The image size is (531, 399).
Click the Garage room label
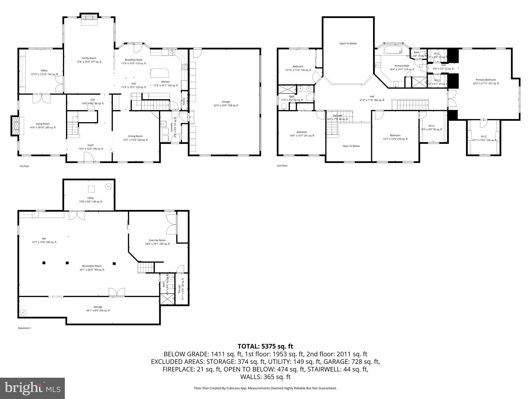tap(226, 104)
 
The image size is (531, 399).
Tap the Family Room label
tap(89, 60)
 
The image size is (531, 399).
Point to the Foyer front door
tap(89, 157)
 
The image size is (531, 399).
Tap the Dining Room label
tap(135, 138)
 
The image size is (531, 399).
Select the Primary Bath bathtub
tap(393, 50)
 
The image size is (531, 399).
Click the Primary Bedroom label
tap(486, 82)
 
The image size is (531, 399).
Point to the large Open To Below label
tap(348, 43)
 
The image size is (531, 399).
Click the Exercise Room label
tap(157, 242)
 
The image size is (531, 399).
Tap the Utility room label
tap(90, 200)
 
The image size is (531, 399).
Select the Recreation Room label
tap(92, 268)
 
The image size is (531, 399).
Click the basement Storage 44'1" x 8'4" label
tap(98, 309)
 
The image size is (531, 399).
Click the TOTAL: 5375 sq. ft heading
tap(265, 346)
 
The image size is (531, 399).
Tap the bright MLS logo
tap(32, 388)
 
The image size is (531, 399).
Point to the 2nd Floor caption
tap(282, 166)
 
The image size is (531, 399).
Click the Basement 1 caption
tap(25, 328)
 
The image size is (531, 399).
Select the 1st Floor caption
tap(24, 166)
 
